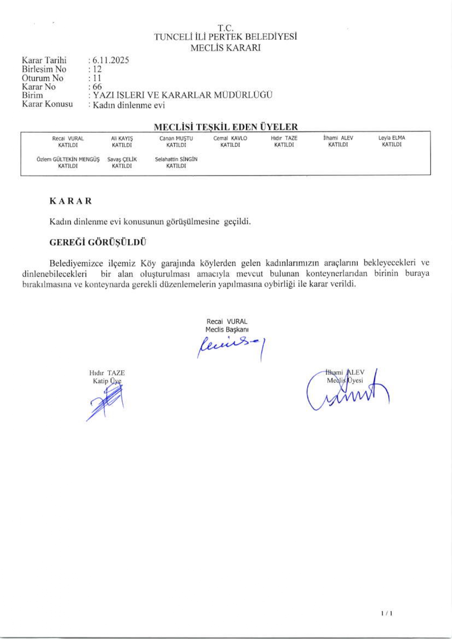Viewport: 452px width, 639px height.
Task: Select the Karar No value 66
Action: pos(97,87)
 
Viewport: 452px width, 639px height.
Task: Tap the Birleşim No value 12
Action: pos(97,69)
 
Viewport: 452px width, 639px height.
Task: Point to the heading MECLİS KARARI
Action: pos(225,48)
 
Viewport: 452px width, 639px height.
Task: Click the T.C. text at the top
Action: pos(225,28)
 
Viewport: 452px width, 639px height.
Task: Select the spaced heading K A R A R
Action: pos(71,201)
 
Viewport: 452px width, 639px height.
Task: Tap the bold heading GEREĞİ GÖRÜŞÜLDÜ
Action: pos(98,242)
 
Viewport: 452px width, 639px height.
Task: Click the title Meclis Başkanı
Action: pos(227,330)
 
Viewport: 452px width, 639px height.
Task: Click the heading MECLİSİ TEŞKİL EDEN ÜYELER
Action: pos(226,127)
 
